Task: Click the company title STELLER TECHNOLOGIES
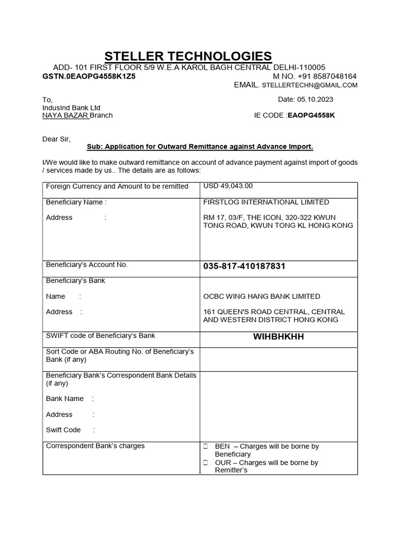pos(188,56)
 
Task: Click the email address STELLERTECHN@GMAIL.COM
pos(309,85)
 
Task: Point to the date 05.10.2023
pos(315,99)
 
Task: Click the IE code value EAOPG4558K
pos(311,115)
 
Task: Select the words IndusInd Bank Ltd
pos(71,107)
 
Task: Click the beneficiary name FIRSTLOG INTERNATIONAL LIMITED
pos(266,202)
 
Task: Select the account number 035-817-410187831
pos(244,266)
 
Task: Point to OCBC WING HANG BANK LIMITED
pos(261,296)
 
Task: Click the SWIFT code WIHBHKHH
pos(278,337)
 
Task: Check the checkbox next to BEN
pos(206,447)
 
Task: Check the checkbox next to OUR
pos(206,463)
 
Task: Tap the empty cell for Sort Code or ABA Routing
pos(278,359)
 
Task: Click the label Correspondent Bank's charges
pos(95,446)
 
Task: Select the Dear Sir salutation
pos(56,139)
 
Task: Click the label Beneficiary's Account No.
pos(87,265)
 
